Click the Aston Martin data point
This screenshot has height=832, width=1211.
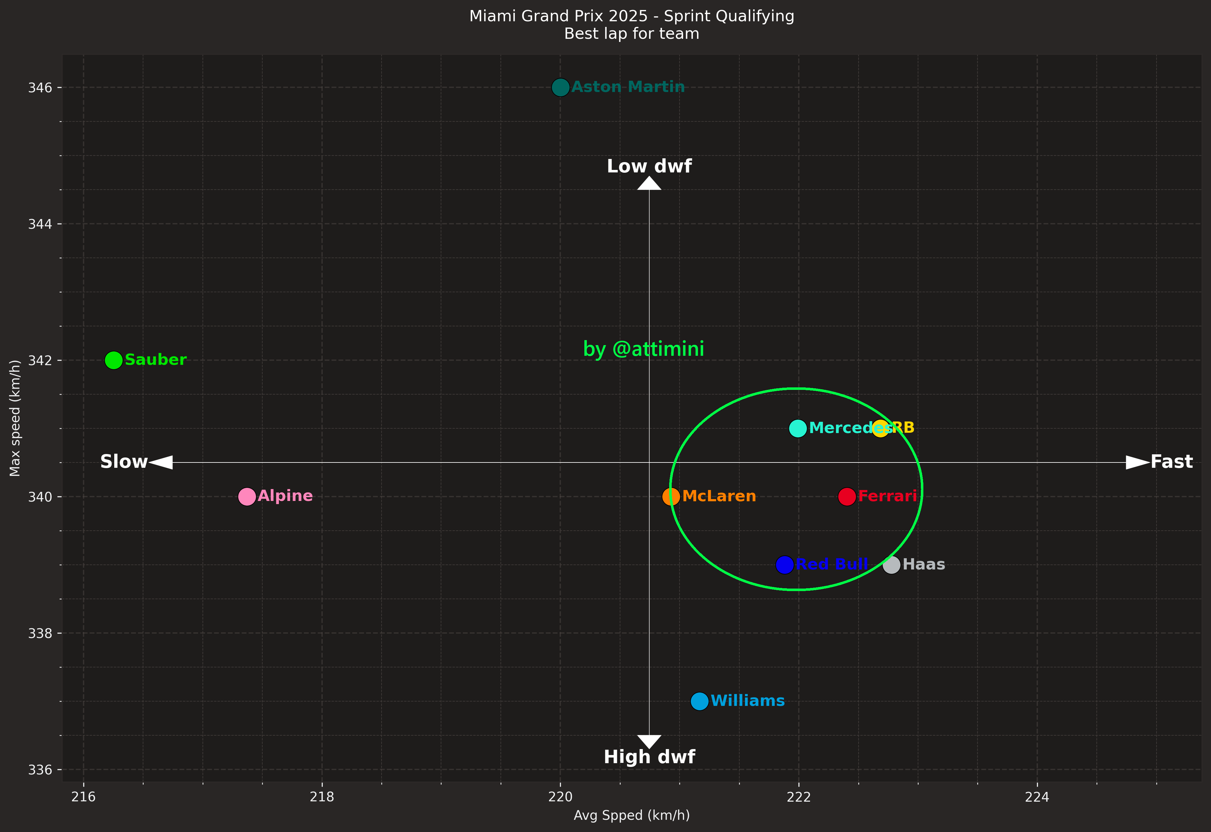560,87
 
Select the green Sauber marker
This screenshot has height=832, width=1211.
114,360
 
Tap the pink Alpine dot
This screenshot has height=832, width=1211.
247,496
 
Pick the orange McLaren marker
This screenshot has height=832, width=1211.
671,496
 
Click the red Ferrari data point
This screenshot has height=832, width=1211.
847,496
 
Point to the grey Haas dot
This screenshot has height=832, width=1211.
891,564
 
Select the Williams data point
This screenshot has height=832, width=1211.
700,701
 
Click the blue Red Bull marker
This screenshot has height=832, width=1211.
785,564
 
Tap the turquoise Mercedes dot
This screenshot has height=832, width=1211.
798,428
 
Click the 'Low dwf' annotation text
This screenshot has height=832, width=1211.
649,166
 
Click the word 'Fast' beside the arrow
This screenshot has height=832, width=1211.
1171,462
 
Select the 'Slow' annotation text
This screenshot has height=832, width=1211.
124,462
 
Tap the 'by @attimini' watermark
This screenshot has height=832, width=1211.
643,349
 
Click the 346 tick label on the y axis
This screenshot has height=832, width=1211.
40,88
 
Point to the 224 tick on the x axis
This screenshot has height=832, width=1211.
1037,797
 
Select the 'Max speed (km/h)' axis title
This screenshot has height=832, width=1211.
15,418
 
